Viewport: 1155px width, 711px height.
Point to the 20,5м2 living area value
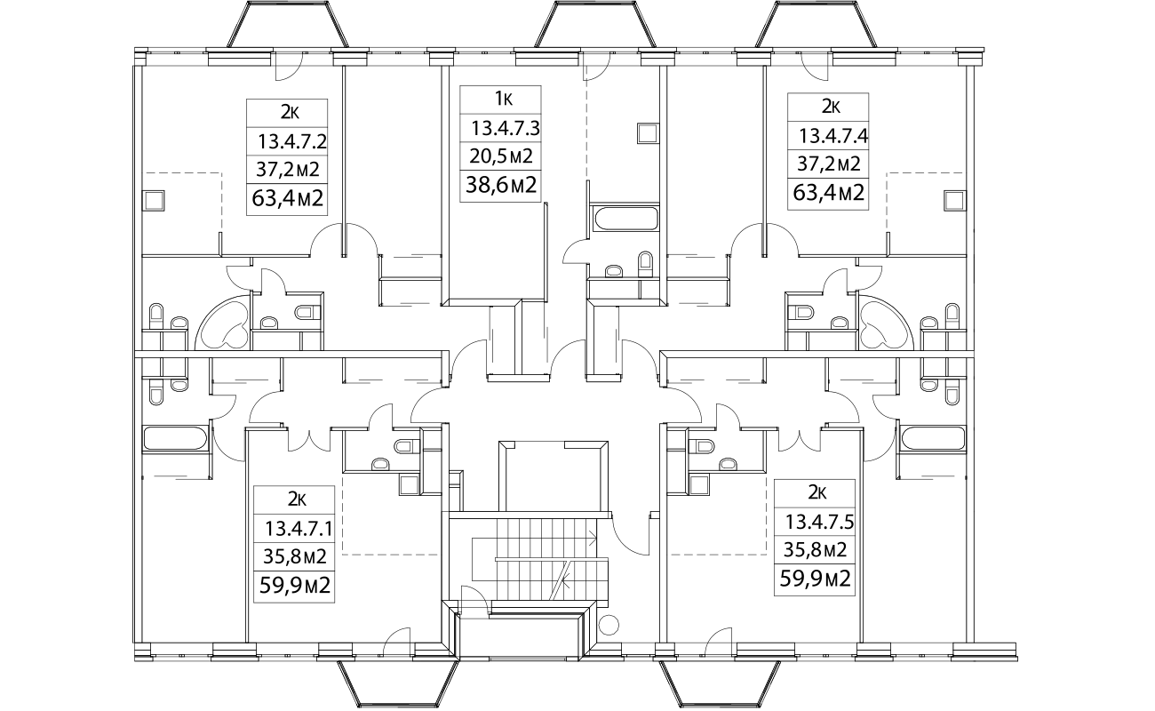point(501,157)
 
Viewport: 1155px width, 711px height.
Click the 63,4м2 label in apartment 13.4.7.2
point(286,197)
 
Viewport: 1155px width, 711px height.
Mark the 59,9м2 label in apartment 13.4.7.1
point(293,586)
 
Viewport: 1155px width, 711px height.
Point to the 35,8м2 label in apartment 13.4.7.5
point(814,550)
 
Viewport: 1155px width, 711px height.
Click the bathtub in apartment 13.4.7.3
point(621,219)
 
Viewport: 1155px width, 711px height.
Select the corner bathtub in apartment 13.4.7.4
point(886,325)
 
